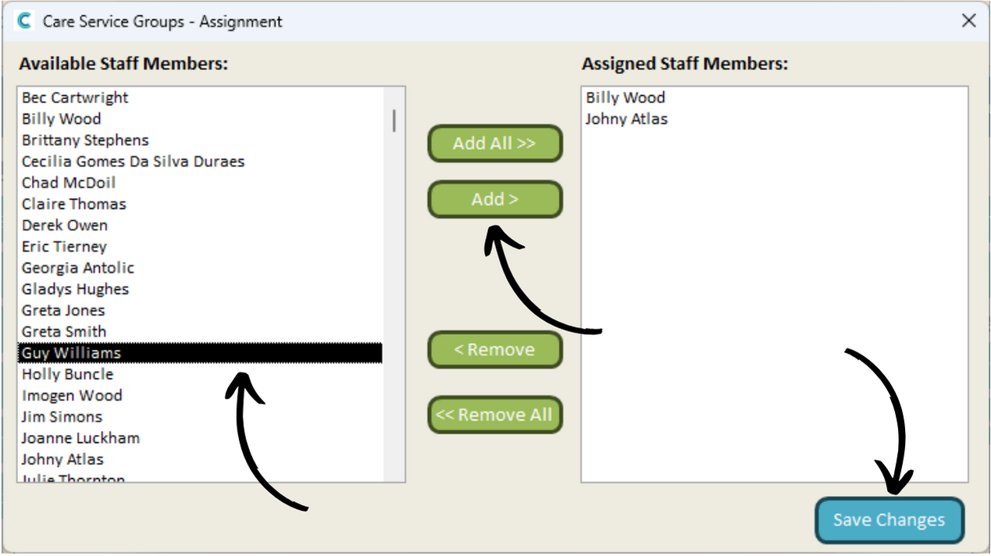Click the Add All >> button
coord(495,144)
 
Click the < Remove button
coord(495,349)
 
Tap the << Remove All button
coord(495,415)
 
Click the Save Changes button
coord(889,520)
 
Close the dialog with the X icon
coord(968,20)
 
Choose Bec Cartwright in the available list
coord(75,98)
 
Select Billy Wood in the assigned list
coord(625,98)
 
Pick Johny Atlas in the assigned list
coord(626,119)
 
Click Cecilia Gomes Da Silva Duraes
coord(133,162)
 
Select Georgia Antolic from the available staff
coord(78,268)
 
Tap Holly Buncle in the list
coord(68,374)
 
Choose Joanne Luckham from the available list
coord(80,438)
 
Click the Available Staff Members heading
coord(123,64)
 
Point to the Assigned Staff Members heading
coord(685,64)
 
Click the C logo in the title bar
coord(24,21)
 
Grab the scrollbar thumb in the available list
coord(394,120)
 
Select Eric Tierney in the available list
coord(64,247)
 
